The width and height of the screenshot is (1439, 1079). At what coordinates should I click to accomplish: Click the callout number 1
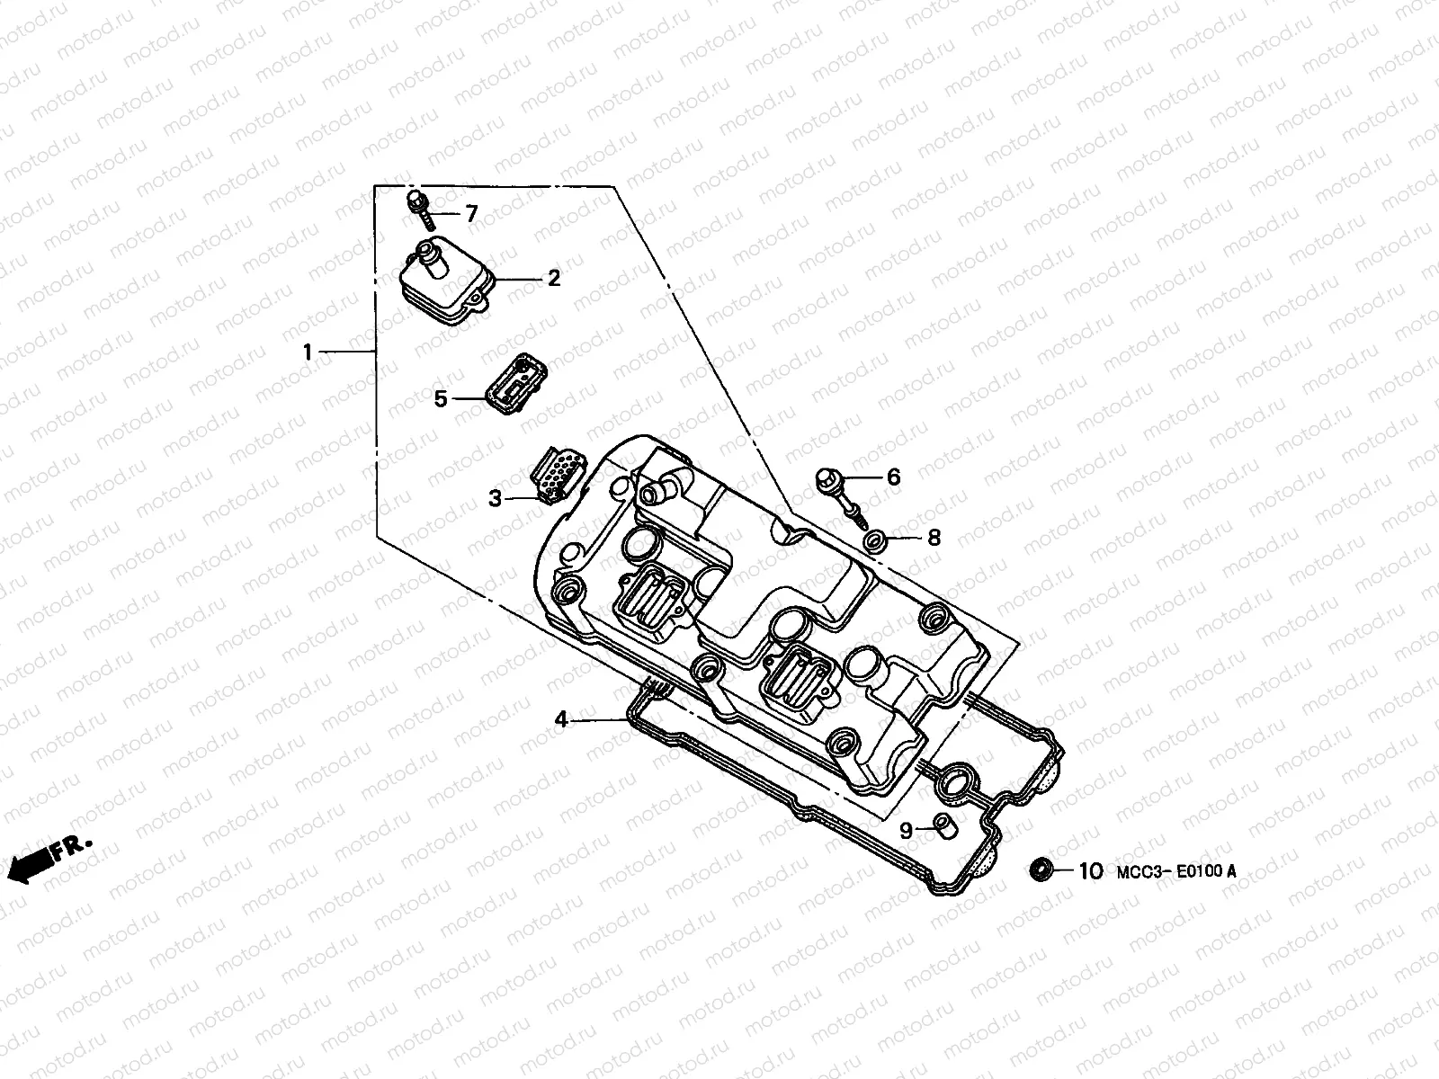point(308,352)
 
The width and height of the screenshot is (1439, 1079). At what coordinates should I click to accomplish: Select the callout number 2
point(553,279)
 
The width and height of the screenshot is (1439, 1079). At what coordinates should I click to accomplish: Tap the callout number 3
point(495,497)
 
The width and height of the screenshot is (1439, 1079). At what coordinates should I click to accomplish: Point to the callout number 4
point(561,719)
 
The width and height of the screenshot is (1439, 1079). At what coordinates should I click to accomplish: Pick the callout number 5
point(441,397)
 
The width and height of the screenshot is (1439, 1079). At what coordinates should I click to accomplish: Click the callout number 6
point(893,477)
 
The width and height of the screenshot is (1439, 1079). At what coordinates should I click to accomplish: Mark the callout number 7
point(470,213)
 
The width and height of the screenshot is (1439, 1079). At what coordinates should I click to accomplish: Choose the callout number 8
point(934,538)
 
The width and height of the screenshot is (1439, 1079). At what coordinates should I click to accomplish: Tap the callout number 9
point(907,830)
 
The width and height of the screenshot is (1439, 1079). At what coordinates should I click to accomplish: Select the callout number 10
point(1090,870)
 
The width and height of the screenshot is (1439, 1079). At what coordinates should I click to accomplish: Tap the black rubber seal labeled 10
point(1041,869)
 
